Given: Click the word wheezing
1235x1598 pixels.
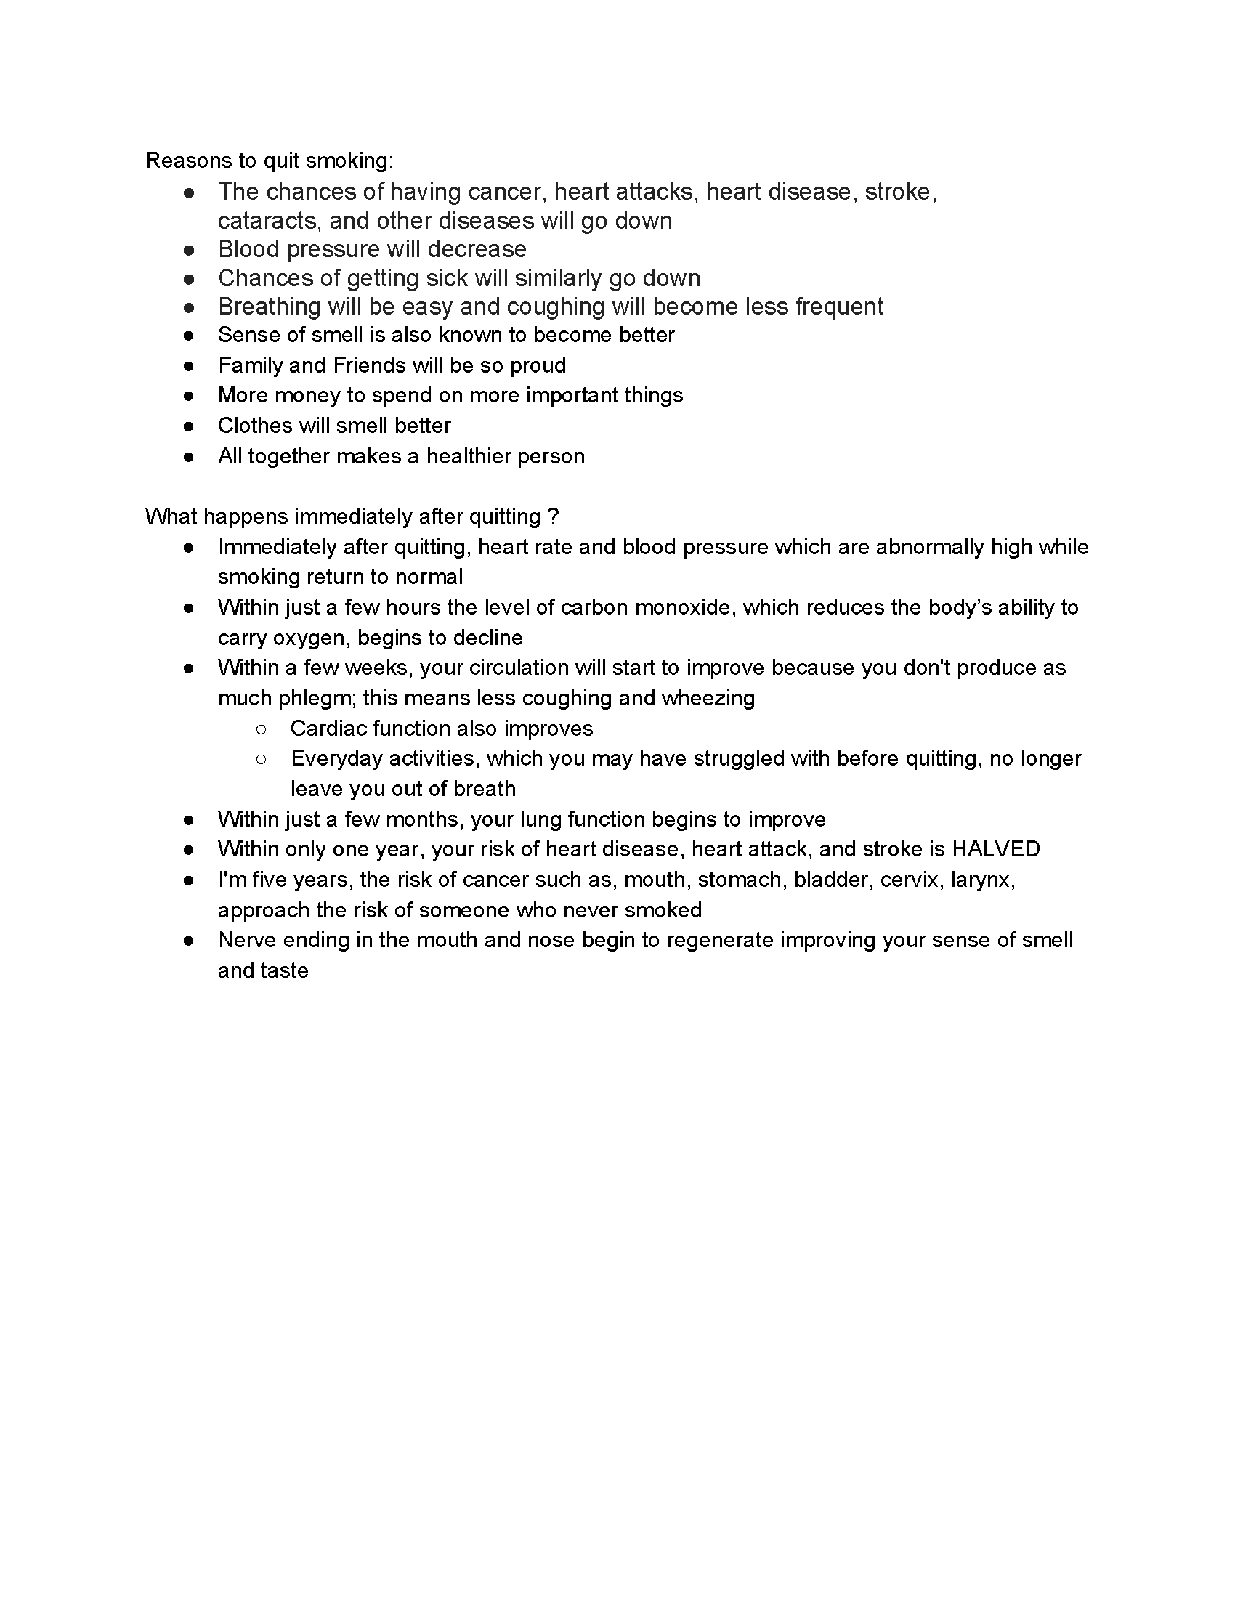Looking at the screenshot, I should point(708,698).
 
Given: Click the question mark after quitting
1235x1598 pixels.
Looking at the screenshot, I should point(553,516).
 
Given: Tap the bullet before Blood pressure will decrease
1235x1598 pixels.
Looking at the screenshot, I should point(189,251).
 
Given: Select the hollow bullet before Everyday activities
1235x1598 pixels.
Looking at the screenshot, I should point(262,760).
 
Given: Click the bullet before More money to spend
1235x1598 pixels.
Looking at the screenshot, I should point(189,396).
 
